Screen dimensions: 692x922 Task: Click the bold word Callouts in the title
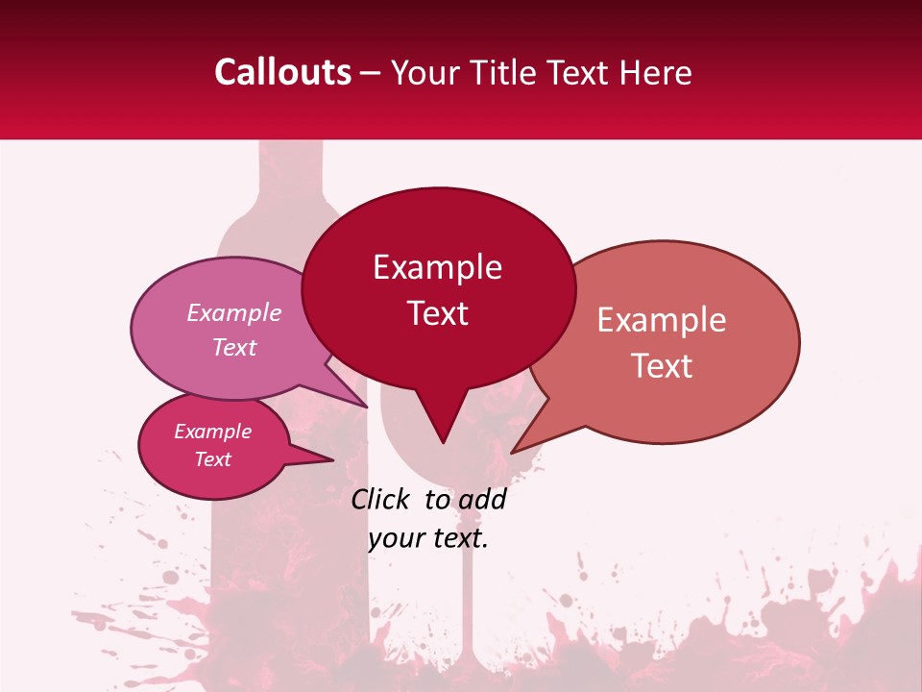coord(282,72)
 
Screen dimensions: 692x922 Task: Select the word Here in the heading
coord(657,72)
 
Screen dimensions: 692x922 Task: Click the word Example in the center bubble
coord(438,267)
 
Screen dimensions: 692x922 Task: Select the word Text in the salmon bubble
coord(663,366)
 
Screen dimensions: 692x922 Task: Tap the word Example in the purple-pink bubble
coord(234,313)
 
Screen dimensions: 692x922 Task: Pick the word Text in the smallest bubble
coord(212,459)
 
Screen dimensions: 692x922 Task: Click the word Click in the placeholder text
coord(380,499)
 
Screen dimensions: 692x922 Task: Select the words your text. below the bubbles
coord(428,538)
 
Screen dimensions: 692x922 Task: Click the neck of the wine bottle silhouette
coord(290,173)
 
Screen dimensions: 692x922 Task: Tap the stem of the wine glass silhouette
coord(468,596)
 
